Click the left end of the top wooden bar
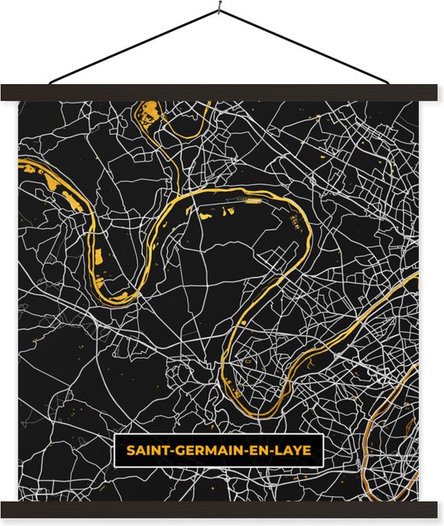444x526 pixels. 6,93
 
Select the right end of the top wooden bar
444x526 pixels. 438,93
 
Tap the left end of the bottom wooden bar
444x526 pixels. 6,509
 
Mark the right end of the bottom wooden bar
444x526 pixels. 438,509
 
